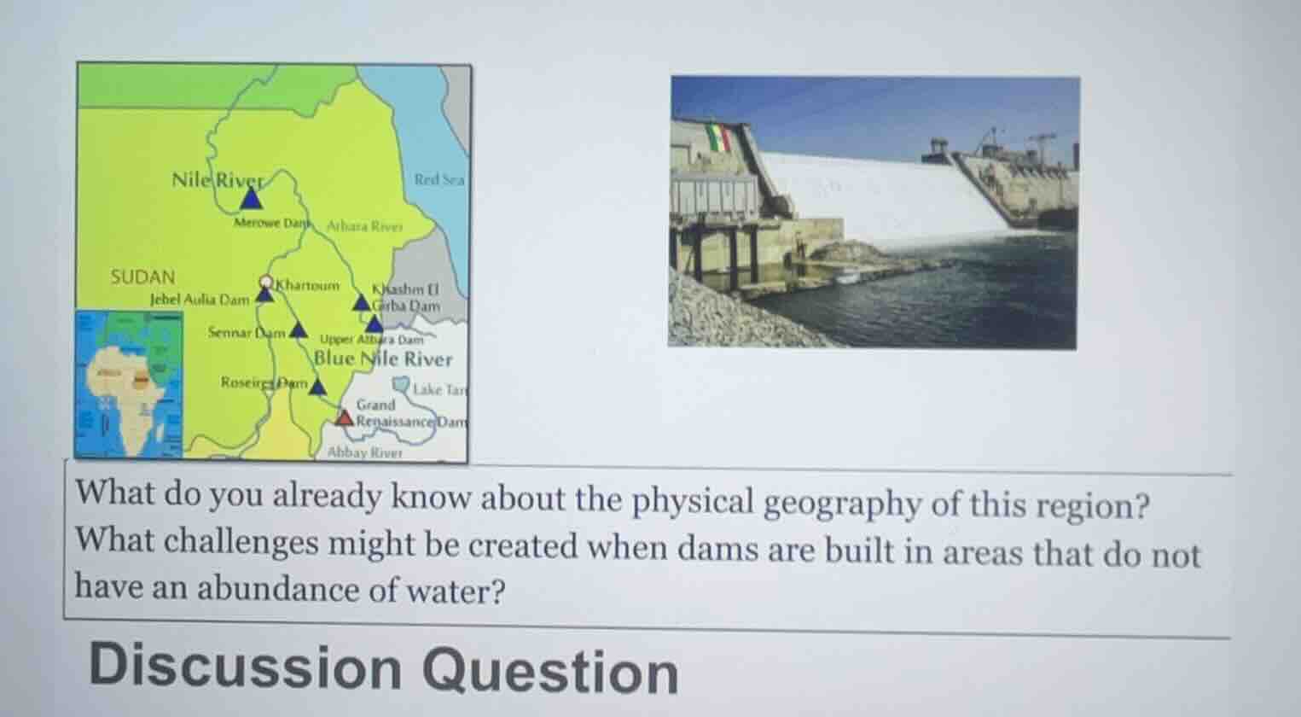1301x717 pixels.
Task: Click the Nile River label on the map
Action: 215,179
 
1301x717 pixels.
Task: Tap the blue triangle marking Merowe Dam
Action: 250,199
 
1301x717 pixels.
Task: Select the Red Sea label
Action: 439,179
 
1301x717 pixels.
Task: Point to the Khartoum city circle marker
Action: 266,282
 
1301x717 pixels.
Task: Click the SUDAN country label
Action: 143,277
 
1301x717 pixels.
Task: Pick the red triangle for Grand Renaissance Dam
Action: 344,417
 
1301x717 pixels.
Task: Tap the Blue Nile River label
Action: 383,358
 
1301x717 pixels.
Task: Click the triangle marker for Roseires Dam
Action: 317,388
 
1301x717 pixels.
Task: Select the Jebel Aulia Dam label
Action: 200,300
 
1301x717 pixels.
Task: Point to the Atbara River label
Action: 364,227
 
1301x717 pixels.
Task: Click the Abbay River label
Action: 364,452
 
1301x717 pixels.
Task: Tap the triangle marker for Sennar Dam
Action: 298,330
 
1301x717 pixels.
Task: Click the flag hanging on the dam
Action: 719,137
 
